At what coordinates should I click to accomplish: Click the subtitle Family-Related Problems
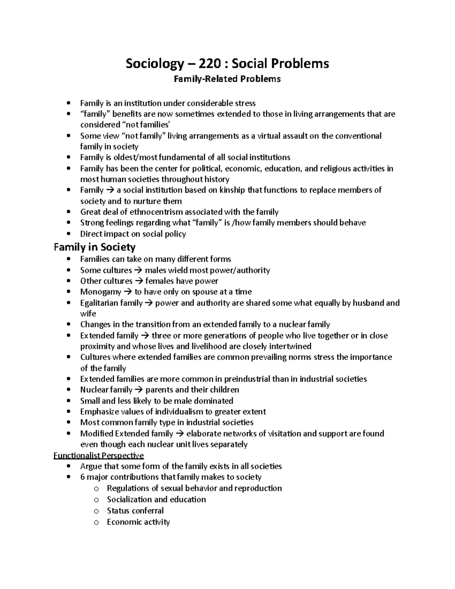pos(227,79)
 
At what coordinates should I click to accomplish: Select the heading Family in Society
pos(94,247)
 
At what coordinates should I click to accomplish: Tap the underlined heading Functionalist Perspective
pos(99,455)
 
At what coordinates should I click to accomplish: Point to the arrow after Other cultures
pos(139,281)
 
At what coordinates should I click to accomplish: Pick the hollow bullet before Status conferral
pos(96,511)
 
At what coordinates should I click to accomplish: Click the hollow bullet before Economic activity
pos(96,523)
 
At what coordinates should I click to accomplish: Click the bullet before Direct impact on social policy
pos(68,234)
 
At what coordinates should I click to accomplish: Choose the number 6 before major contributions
pos(82,477)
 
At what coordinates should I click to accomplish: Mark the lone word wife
pos(88,314)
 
